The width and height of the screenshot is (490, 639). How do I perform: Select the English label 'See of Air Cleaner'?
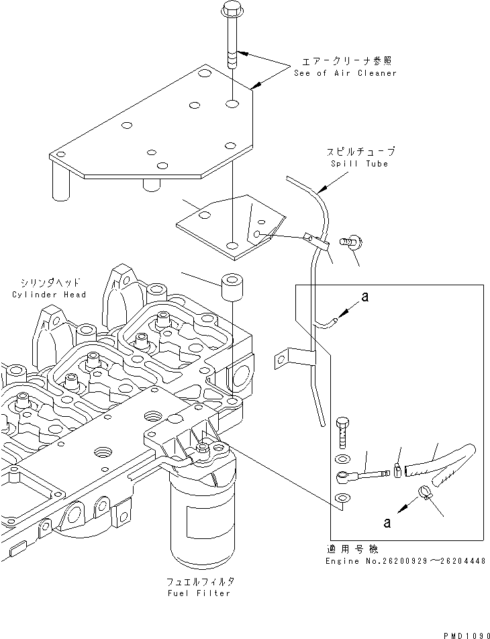click(x=345, y=73)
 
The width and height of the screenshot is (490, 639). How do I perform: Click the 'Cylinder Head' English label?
click(x=49, y=295)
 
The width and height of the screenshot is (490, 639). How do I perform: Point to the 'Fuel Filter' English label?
click(x=200, y=593)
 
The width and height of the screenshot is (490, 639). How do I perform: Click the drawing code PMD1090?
click(x=463, y=632)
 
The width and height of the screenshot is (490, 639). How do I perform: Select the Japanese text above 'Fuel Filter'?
click(x=200, y=581)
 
